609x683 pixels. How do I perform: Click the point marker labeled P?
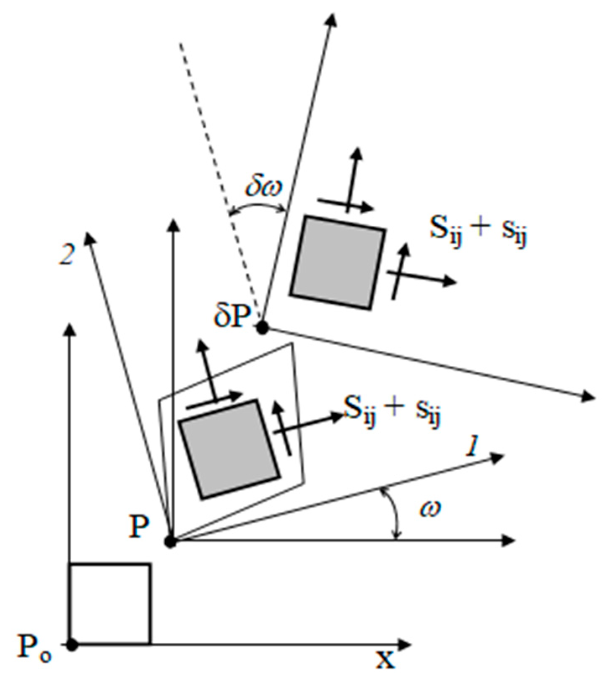pyautogui.click(x=170, y=542)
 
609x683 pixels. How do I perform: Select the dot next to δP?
pyautogui.click(x=263, y=328)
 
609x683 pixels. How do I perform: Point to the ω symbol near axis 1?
pyautogui.click(x=430, y=509)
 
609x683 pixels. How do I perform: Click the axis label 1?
pyautogui.click(x=472, y=448)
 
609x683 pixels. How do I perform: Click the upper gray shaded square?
pyautogui.click(x=337, y=263)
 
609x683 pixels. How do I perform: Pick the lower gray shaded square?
pyautogui.click(x=229, y=449)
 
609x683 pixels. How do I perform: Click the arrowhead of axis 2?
pyautogui.click(x=88, y=238)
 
